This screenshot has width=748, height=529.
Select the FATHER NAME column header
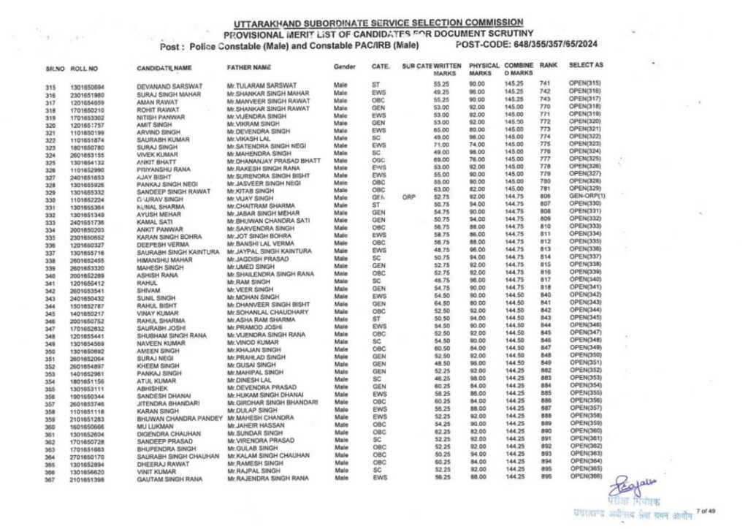[x=249, y=67]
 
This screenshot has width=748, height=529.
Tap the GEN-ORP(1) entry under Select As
[x=587, y=197]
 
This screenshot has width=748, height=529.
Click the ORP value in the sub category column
[x=408, y=197]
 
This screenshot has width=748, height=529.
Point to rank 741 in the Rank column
[x=544, y=86]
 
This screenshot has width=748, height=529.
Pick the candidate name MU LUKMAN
[x=153, y=427]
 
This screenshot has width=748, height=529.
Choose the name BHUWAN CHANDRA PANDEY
[x=179, y=419]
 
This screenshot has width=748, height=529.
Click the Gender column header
[x=344, y=67]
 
